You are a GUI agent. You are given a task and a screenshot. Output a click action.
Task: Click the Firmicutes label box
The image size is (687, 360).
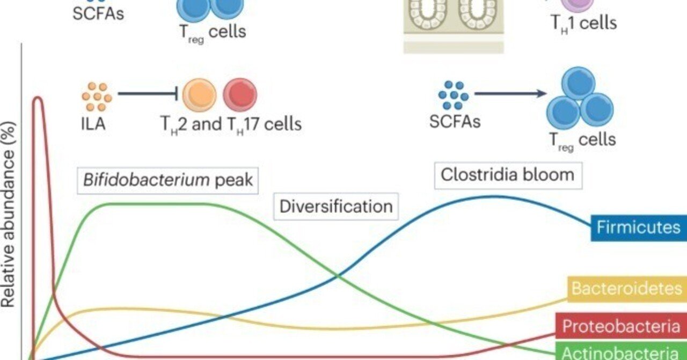coord(638,227)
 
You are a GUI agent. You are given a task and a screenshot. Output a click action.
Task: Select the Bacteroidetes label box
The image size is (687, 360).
coord(626,289)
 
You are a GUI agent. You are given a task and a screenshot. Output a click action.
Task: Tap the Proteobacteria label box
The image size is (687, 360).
coord(621,326)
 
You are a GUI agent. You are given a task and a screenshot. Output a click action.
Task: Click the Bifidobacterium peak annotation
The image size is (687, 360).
coord(168,179)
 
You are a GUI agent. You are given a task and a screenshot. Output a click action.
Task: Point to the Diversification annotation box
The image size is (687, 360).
coord(336,207)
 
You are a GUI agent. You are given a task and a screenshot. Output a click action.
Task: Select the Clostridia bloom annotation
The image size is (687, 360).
coord(507,174)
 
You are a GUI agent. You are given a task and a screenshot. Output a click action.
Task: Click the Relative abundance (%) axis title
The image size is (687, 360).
coord(9,215)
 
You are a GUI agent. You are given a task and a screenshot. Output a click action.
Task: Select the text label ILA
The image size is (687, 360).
coord(93,124)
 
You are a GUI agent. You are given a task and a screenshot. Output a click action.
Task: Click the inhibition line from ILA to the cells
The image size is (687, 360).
coord(148,94)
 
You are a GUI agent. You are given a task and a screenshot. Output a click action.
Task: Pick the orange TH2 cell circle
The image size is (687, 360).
coord(199,94)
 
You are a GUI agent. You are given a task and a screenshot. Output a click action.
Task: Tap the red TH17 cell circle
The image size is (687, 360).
coord(240,94)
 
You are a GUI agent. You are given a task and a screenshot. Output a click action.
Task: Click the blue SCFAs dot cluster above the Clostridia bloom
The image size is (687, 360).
coord(454,95)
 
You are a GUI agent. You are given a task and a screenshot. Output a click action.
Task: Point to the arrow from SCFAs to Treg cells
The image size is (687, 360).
coord(510,94)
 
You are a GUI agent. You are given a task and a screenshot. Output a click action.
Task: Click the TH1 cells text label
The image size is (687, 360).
coord(583,23)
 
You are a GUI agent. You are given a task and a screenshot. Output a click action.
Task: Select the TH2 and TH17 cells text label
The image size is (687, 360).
coord(231,124)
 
